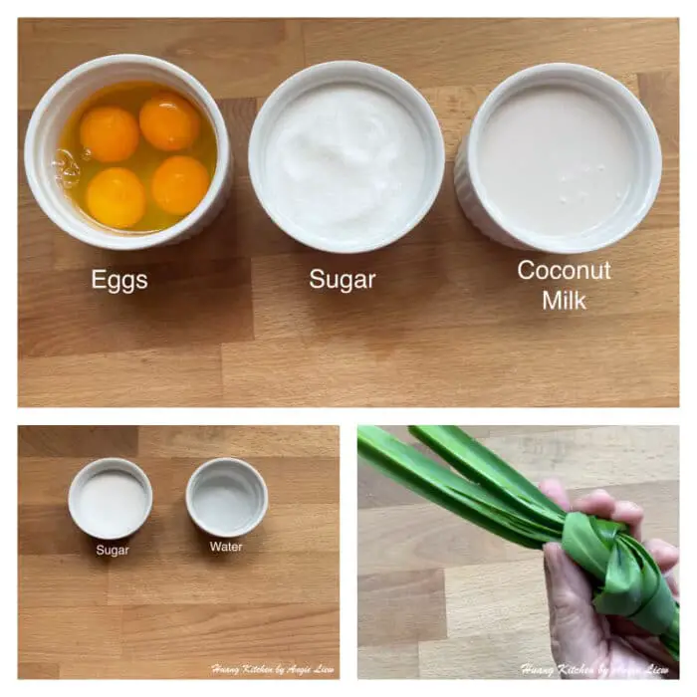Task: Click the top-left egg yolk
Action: [x=110, y=133]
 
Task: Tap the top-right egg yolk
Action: [x=169, y=121]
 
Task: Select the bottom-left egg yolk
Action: [x=116, y=196]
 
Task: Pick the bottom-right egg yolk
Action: [x=180, y=184]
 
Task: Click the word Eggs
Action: [x=119, y=281]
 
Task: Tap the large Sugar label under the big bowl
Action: [x=341, y=279]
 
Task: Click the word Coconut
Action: [x=564, y=271]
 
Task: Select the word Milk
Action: [x=564, y=300]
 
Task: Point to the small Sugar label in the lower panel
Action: [x=113, y=549]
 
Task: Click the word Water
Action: [x=226, y=547]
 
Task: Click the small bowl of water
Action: [x=226, y=496]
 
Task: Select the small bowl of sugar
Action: [x=111, y=498]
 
